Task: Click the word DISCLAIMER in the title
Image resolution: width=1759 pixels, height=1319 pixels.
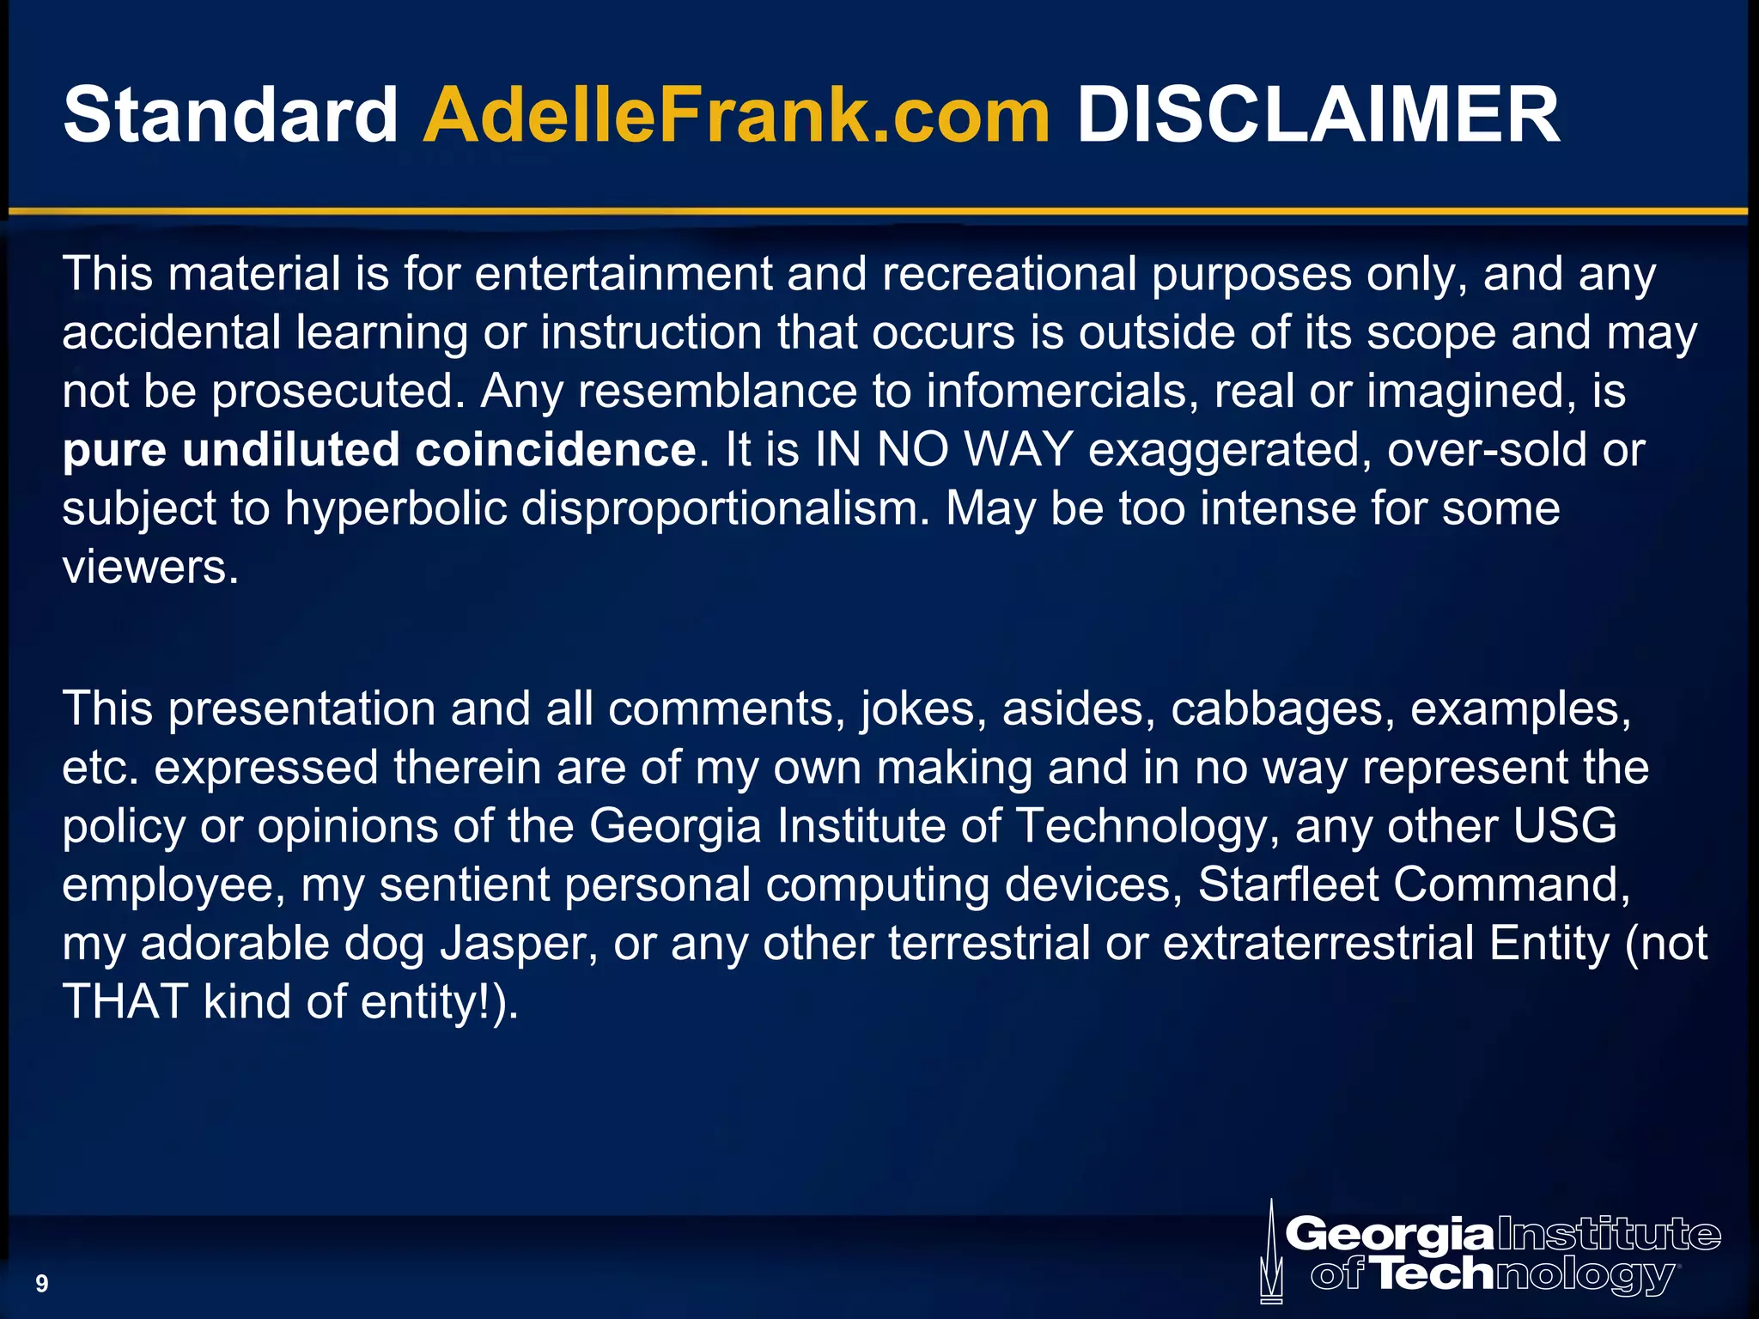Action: (x=1318, y=115)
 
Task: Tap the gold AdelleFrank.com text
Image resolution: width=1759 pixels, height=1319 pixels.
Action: (x=736, y=115)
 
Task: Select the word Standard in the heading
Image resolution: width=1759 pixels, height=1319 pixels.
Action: (x=230, y=115)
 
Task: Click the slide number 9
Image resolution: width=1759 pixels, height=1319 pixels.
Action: (x=41, y=1284)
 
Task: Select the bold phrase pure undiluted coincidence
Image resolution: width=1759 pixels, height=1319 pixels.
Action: (x=379, y=450)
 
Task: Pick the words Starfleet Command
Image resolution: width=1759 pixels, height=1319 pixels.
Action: (x=1413, y=884)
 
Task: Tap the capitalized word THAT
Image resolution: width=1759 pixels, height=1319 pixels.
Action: (x=125, y=1001)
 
